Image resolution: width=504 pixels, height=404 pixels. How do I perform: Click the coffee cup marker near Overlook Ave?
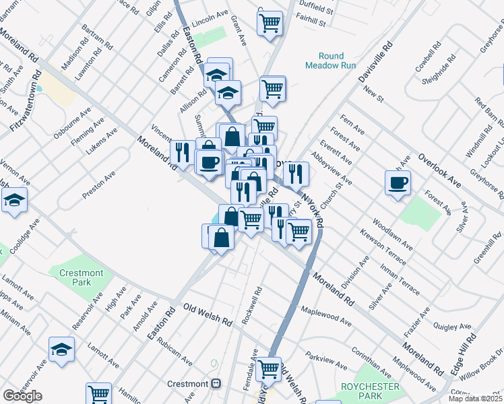point(398,182)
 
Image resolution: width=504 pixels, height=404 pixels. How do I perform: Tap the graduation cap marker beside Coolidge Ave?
point(14,200)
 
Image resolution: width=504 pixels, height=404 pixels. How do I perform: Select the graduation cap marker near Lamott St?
point(61,349)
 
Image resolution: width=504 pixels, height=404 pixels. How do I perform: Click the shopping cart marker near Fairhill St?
point(270,23)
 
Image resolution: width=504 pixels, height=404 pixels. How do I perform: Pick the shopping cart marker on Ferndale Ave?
point(269,368)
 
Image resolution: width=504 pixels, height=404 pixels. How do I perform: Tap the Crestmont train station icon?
point(216,384)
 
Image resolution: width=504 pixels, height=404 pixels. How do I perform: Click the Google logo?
point(22,395)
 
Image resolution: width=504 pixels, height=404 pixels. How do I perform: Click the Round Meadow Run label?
point(324,61)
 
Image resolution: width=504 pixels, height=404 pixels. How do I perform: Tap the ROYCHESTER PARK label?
point(370,391)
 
